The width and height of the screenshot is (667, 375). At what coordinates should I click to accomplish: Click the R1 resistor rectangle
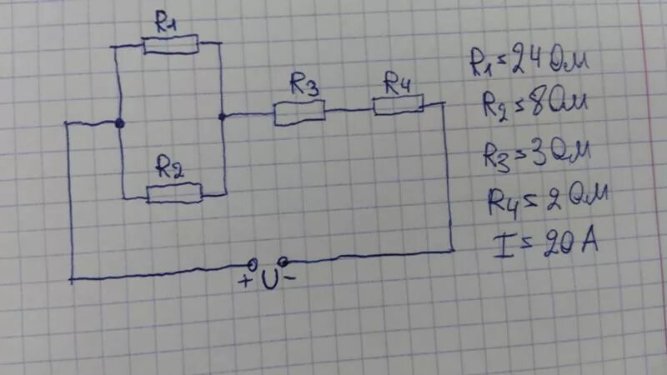click(170, 44)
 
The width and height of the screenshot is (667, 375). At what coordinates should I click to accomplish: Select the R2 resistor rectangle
click(174, 194)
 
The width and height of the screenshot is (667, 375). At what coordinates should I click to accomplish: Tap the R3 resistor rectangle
click(299, 112)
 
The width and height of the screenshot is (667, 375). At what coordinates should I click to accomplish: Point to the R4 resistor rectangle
click(398, 104)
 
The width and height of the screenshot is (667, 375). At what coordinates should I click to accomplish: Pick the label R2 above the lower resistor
click(170, 169)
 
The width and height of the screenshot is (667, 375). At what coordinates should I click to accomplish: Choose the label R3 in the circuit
click(306, 84)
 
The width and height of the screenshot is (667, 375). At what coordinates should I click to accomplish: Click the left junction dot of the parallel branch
click(120, 123)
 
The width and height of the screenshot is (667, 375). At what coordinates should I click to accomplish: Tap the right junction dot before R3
click(222, 116)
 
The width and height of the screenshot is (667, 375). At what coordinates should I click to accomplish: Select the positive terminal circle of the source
click(252, 262)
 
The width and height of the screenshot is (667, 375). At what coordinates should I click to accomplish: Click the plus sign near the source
click(245, 282)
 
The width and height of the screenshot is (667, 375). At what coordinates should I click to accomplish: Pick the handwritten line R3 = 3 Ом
click(536, 154)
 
